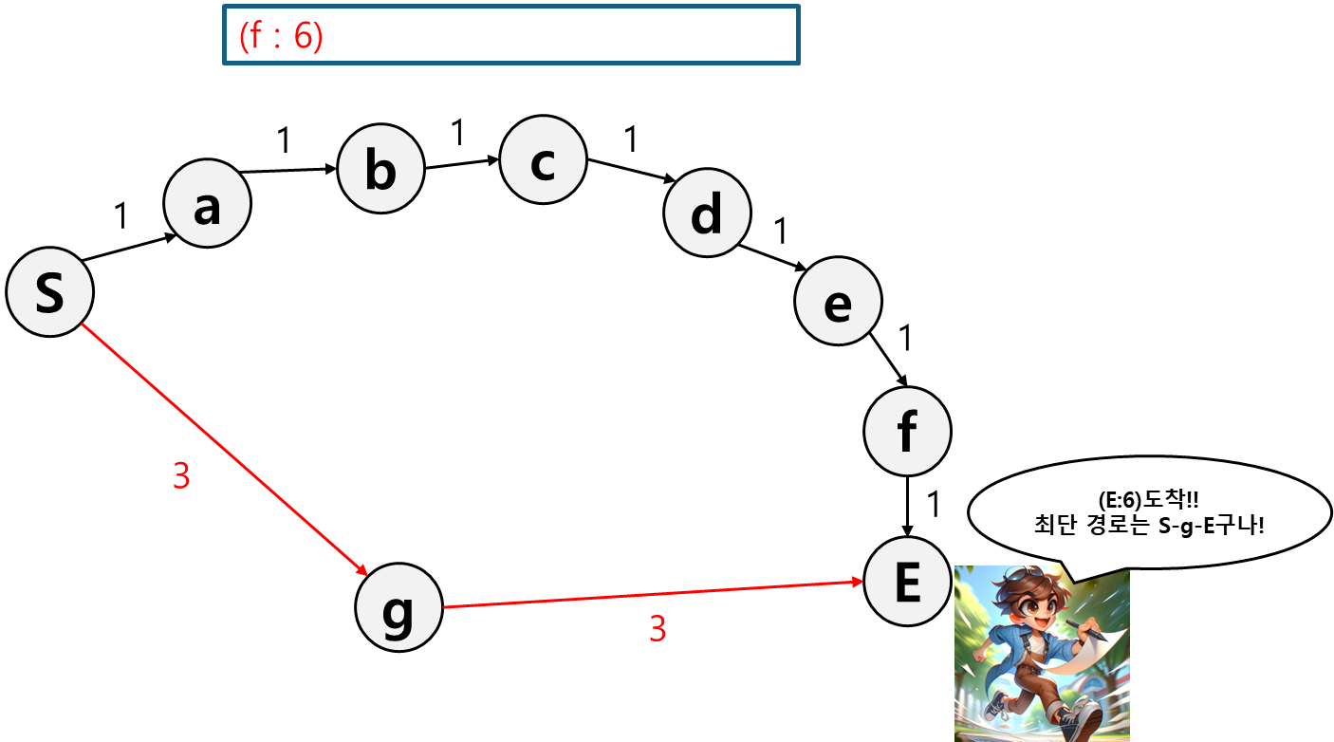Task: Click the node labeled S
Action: click(x=49, y=293)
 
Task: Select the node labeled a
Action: click(x=207, y=204)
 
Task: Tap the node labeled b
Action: click(x=380, y=170)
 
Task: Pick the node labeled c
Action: click(x=543, y=159)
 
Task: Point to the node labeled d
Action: click(x=707, y=213)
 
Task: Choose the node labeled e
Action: click(x=838, y=301)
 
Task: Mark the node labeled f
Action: click(x=907, y=432)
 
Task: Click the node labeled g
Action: click(x=398, y=608)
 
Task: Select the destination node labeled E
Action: click(x=907, y=583)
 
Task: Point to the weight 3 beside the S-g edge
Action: click(x=181, y=476)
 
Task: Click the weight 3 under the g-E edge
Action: click(x=658, y=628)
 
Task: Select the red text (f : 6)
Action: click(x=282, y=36)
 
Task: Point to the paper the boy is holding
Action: click(x=1096, y=655)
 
